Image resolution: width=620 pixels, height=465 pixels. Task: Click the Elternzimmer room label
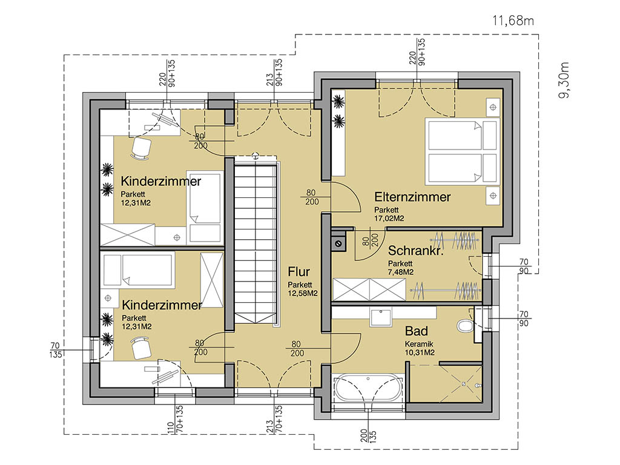pos(412,197)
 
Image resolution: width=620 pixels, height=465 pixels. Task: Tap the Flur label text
pos(298,272)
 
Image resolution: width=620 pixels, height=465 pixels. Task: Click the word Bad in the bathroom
pos(417,331)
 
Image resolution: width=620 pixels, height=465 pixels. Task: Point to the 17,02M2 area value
pos(389,218)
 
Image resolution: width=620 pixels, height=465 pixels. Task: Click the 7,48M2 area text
pos(401,272)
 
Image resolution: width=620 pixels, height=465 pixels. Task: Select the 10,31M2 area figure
pos(420,352)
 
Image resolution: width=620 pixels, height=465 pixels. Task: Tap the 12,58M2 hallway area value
pos(303,294)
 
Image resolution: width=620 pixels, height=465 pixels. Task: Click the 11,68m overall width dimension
pos(513,21)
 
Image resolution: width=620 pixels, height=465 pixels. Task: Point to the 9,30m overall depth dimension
pos(564,81)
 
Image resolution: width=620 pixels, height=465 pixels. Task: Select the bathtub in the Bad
pos(369,388)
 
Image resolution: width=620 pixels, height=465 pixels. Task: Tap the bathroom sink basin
pos(380,317)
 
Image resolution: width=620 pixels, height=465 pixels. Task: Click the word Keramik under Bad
pos(419,344)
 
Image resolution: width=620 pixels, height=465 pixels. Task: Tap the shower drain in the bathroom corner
pos(464,383)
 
